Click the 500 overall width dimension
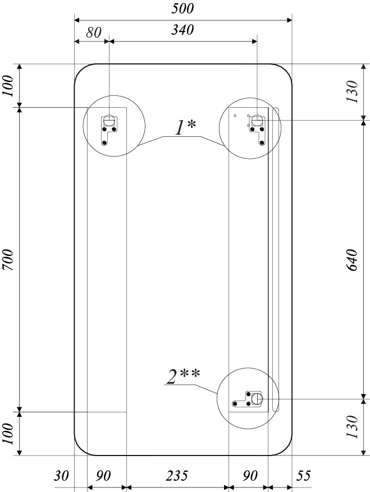[182, 8]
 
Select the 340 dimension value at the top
[182, 30]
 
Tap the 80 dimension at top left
[94, 33]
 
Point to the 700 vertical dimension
[8, 260]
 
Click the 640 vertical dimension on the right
[352, 260]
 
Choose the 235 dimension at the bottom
[177, 475]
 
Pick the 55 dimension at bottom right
[303, 475]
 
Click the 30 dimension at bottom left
[61, 475]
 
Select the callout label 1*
[185, 128]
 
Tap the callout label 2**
[183, 376]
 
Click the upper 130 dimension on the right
[352, 91]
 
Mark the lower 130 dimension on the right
[352, 427]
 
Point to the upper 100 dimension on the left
[8, 86]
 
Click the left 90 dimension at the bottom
[103, 475]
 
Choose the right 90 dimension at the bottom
[250, 475]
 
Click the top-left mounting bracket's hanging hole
[109, 119]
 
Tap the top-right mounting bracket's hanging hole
[257, 119]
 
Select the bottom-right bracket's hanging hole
[257, 399]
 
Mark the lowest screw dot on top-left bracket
[104, 143]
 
